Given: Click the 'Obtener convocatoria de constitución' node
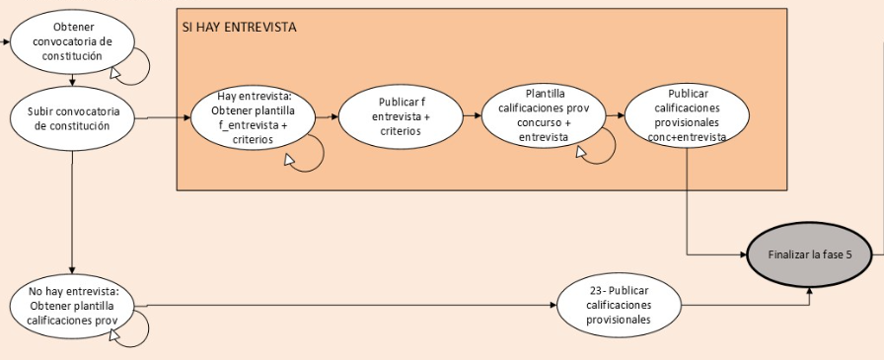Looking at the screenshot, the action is pos(72,42).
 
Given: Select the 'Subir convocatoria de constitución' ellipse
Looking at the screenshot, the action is pos(72,119).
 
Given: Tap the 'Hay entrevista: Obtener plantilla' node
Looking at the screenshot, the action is pos(253,117).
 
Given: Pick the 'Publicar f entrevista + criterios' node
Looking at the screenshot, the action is pos(401,116).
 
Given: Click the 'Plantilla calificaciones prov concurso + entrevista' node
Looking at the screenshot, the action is pos(544,115).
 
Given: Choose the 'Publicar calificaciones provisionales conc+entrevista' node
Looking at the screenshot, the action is pos(688,115).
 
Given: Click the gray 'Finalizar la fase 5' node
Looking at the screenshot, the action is pos(810,255).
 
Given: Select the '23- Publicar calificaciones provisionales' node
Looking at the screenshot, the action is pos(619,305).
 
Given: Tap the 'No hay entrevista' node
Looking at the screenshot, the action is pos(72,306).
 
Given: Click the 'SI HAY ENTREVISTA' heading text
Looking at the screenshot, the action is pos(239,27).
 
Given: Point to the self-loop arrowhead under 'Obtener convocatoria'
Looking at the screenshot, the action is pos(115,73).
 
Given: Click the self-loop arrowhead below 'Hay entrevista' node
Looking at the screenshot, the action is pos(289,160).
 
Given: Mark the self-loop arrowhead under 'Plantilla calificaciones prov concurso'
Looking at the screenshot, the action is pos(581,152).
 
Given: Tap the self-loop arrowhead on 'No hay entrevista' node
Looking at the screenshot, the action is pos(115,335).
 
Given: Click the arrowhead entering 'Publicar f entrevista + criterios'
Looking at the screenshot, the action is pos(334,117).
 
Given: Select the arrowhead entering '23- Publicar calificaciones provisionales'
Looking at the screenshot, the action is pos(553,306).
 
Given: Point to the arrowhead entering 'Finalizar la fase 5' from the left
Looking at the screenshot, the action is pos(743,255).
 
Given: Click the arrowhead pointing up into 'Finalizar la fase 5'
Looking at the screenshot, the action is pos(810,291).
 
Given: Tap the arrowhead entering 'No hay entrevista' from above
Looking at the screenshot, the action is pos(72,270).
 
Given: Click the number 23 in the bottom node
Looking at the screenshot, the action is pos(593,291).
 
